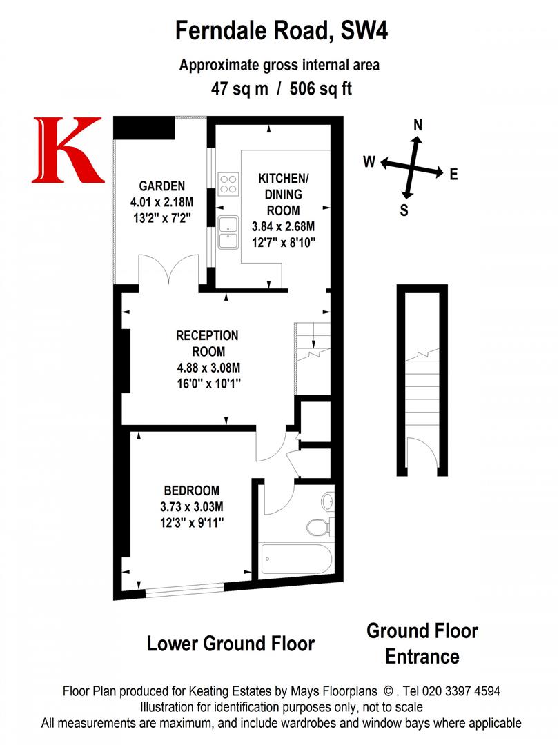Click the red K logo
[67, 150]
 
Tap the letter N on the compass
[418, 125]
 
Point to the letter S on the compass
[404, 211]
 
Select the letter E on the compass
[453, 175]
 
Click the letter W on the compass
[369, 162]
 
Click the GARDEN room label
[162, 186]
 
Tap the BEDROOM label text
[191, 491]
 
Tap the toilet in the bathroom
[318, 528]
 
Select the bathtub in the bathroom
[297, 555]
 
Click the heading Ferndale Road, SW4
[279, 31]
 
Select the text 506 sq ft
[322, 89]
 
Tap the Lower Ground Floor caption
[231, 644]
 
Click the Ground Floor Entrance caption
[422, 643]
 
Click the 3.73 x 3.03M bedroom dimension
[191, 507]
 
